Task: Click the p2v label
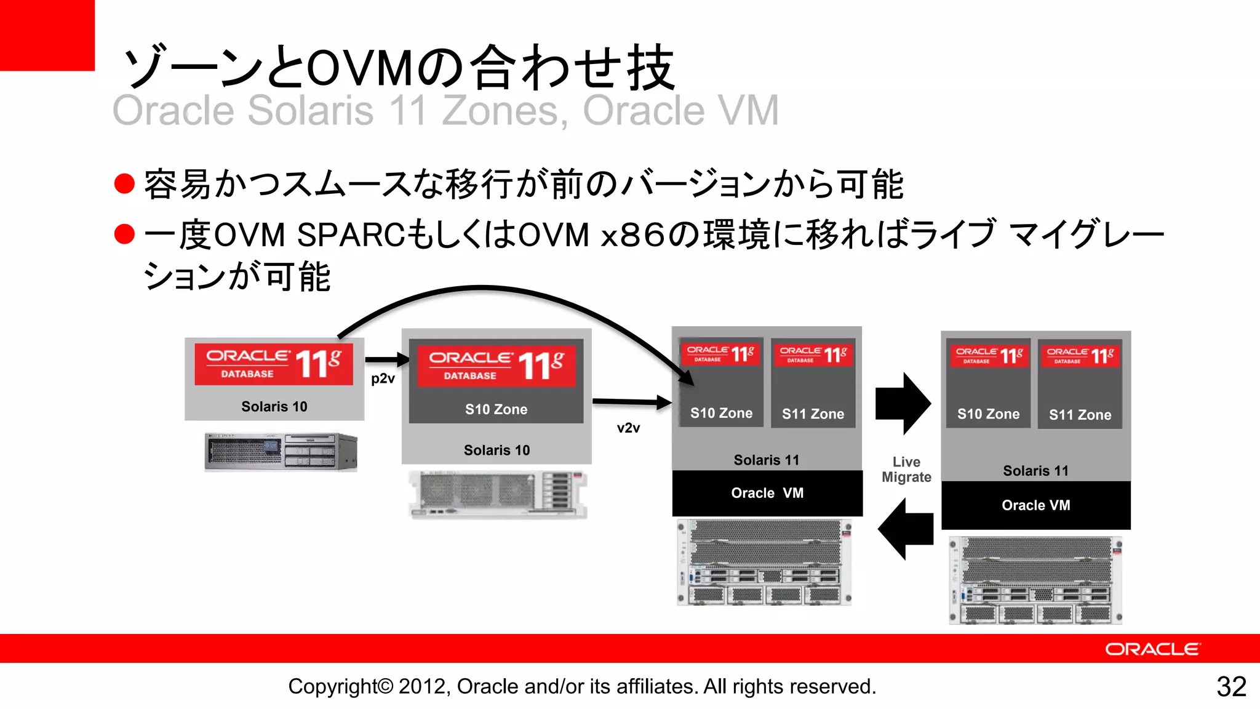[x=383, y=379]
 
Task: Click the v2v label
[x=628, y=428]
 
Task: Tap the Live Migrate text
[x=906, y=470]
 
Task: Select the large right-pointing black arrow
[x=903, y=404]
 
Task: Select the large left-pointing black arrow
[x=906, y=529]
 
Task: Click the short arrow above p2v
[x=387, y=359]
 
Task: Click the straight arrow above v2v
[x=631, y=402]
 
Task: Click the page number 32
[x=1231, y=687]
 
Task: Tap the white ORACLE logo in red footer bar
[x=1152, y=649]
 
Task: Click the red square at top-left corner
[x=47, y=35]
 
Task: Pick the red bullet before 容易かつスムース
[x=124, y=183]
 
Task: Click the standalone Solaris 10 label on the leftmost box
[x=274, y=407]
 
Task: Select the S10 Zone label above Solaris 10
[x=496, y=409]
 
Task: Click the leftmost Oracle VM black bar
[x=767, y=493]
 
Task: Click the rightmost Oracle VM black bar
[x=1035, y=505]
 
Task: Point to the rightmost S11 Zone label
[x=1080, y=415]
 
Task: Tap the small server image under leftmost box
[x=281, y=452]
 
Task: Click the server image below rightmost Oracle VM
[x=1035, y=580]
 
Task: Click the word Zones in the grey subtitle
[x=504, y=111]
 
